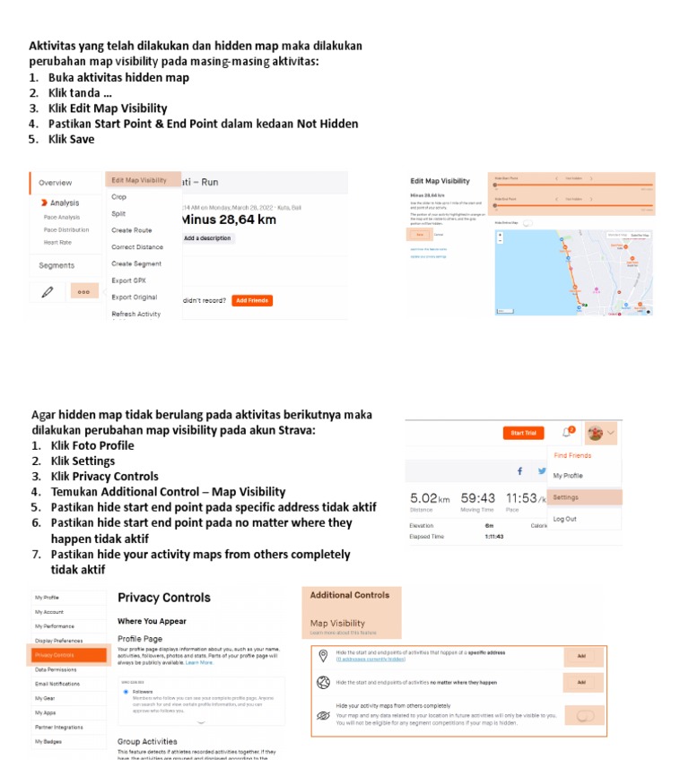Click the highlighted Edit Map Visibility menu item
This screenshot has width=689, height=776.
[x=139, y=180]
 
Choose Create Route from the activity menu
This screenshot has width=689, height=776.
[x=131, y=230]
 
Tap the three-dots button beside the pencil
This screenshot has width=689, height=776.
[x=83, y=291]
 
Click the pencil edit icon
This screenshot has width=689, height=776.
[x=48, y=291]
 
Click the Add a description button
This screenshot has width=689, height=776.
[x=207, y=238]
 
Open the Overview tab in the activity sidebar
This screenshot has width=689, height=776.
[x=56, y=183]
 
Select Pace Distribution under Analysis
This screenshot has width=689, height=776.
[x=66, y=229]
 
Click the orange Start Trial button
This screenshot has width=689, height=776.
[x=523, y=433]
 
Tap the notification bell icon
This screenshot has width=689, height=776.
[x=567, y=433]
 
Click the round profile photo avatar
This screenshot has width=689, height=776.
[x=594, y=433]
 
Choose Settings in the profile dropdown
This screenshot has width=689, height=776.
[x=566, y=497]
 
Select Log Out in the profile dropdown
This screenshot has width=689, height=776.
[x=564, y=519]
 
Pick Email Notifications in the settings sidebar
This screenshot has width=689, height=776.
[x=58, y=684]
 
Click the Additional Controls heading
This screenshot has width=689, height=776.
[x=350, y=595]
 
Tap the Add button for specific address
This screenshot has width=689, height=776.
[x=581, y=657]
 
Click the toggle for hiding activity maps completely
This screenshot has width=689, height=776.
[x=585, y=715]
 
